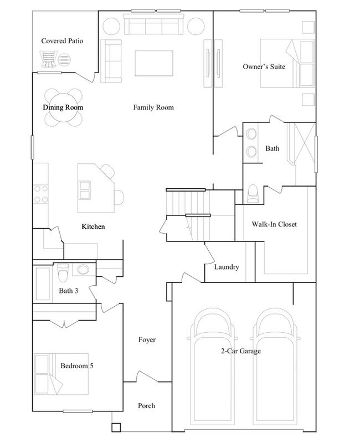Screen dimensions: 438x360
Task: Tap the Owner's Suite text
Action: [x=264, y=66]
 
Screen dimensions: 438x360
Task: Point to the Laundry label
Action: [x=226, y=267]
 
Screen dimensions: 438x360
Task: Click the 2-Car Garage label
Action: [x=239, y=351]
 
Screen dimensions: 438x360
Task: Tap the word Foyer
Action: [x=146, y=339]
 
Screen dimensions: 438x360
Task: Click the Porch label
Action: [x=146, y=406]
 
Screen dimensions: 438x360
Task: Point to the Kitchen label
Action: [x=93, y=227]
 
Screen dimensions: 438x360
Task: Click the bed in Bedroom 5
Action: [x=61, y=374]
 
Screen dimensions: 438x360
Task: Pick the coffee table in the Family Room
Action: [x=153, y=63]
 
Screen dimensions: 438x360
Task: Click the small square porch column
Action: [x=116, y=428]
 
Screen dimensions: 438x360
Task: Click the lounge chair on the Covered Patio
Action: [x=48, y=58]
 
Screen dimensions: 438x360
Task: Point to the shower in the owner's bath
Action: [x=301, y=144]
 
